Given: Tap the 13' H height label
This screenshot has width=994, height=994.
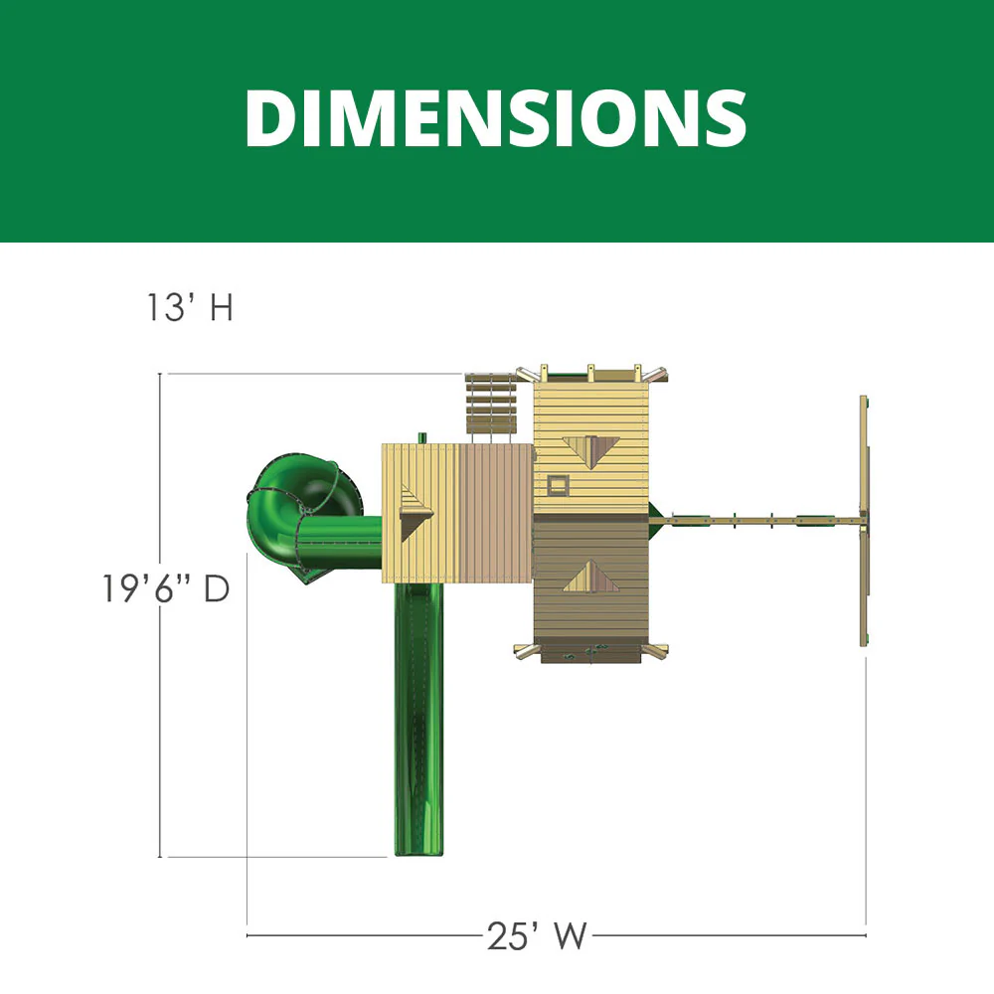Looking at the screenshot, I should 190,308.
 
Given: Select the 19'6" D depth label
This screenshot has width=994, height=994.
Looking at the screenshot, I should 165,588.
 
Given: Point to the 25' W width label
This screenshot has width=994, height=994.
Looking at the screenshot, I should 537,935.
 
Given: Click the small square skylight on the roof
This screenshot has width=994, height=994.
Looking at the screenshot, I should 558,485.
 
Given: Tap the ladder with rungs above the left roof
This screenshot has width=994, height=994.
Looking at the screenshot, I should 491,405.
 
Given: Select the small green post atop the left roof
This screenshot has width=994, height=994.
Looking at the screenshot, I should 422,437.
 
